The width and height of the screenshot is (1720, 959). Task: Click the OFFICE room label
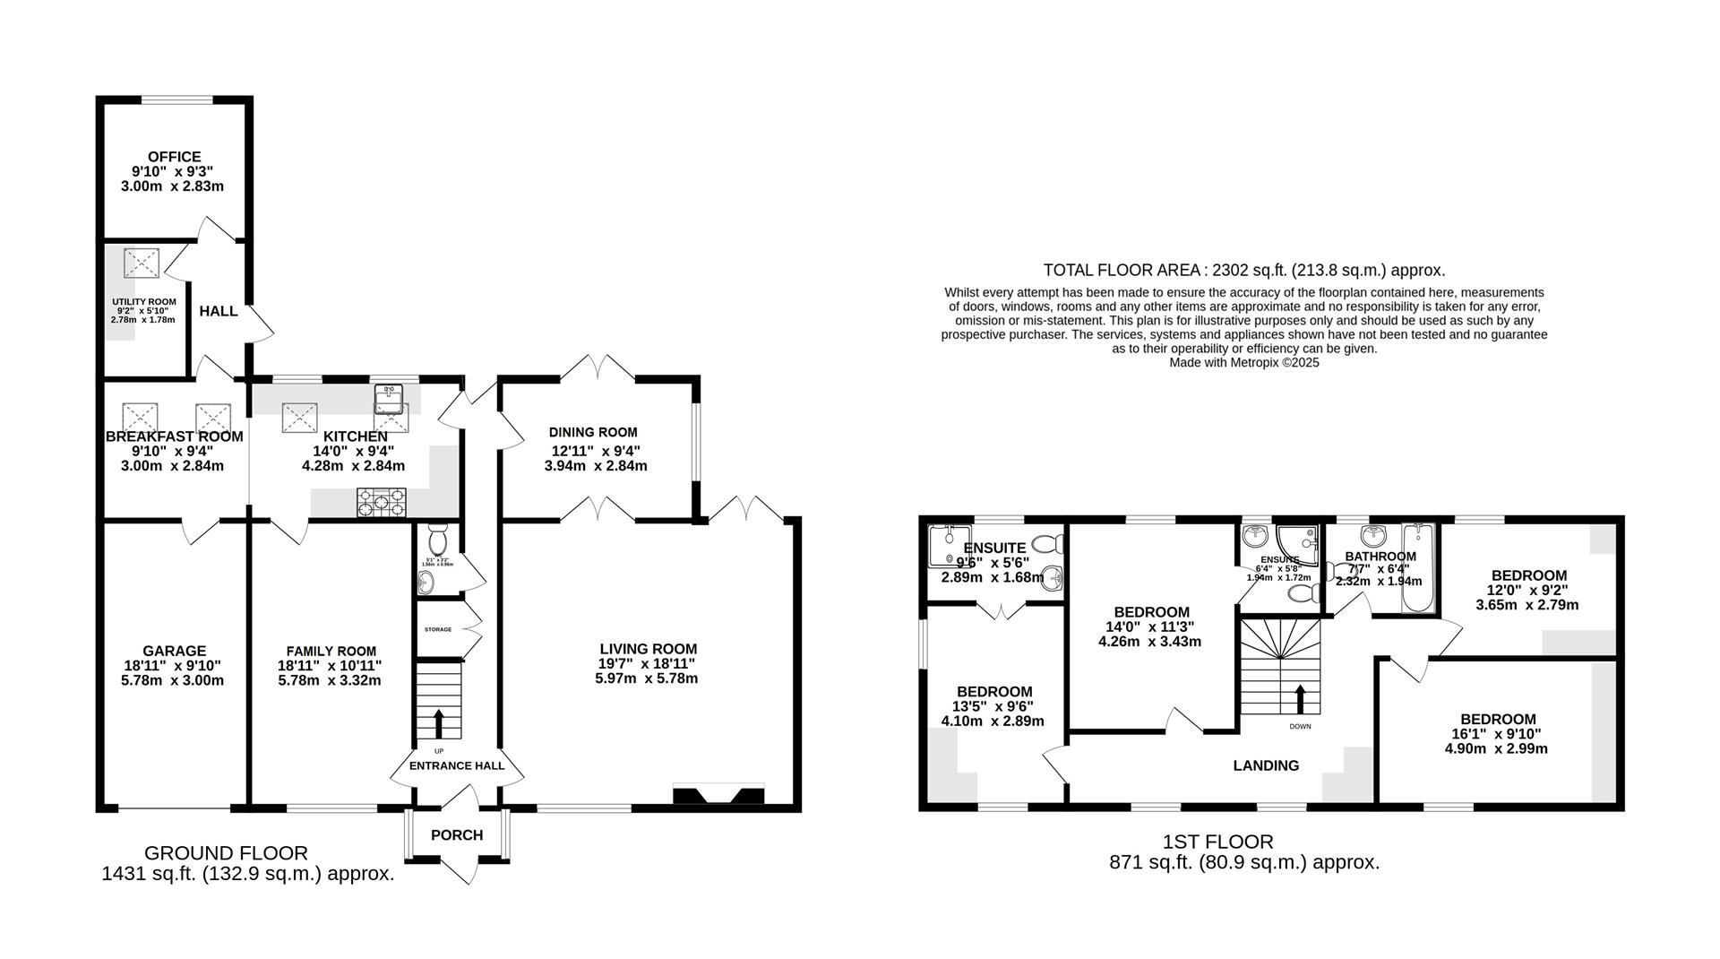[x=174, y=157]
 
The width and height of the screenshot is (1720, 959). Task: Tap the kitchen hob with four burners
[x=382, y=503]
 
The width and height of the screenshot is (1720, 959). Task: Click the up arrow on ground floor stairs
[x=439, y=721]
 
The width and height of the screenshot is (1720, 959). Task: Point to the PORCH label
[x=457, y=835]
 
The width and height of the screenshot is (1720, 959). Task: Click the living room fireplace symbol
[x=718, y=796]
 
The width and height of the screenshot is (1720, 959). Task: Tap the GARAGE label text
[x=174, y=651]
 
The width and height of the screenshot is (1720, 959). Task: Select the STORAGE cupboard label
[x=438, y=630]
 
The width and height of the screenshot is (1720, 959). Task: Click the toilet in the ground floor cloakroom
[x=438, y=540]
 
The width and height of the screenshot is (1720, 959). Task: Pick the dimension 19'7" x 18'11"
[x=647, y=664]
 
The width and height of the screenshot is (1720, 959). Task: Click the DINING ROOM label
[x=593, y=433]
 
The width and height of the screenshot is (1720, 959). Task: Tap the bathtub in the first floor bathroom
[x=1418, y=567]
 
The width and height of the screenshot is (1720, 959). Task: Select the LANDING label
[x=1266, y=765]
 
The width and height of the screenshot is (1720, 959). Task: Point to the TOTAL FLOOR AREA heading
[x=1244, y=270]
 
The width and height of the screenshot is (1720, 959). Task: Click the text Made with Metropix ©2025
[x=1244, y=363]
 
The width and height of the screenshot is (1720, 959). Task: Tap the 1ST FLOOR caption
[x=1217, y=842]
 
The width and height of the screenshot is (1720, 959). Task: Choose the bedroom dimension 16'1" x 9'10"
[x=1497, y=734]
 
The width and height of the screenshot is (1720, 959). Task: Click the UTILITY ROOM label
[x=143, y=302]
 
